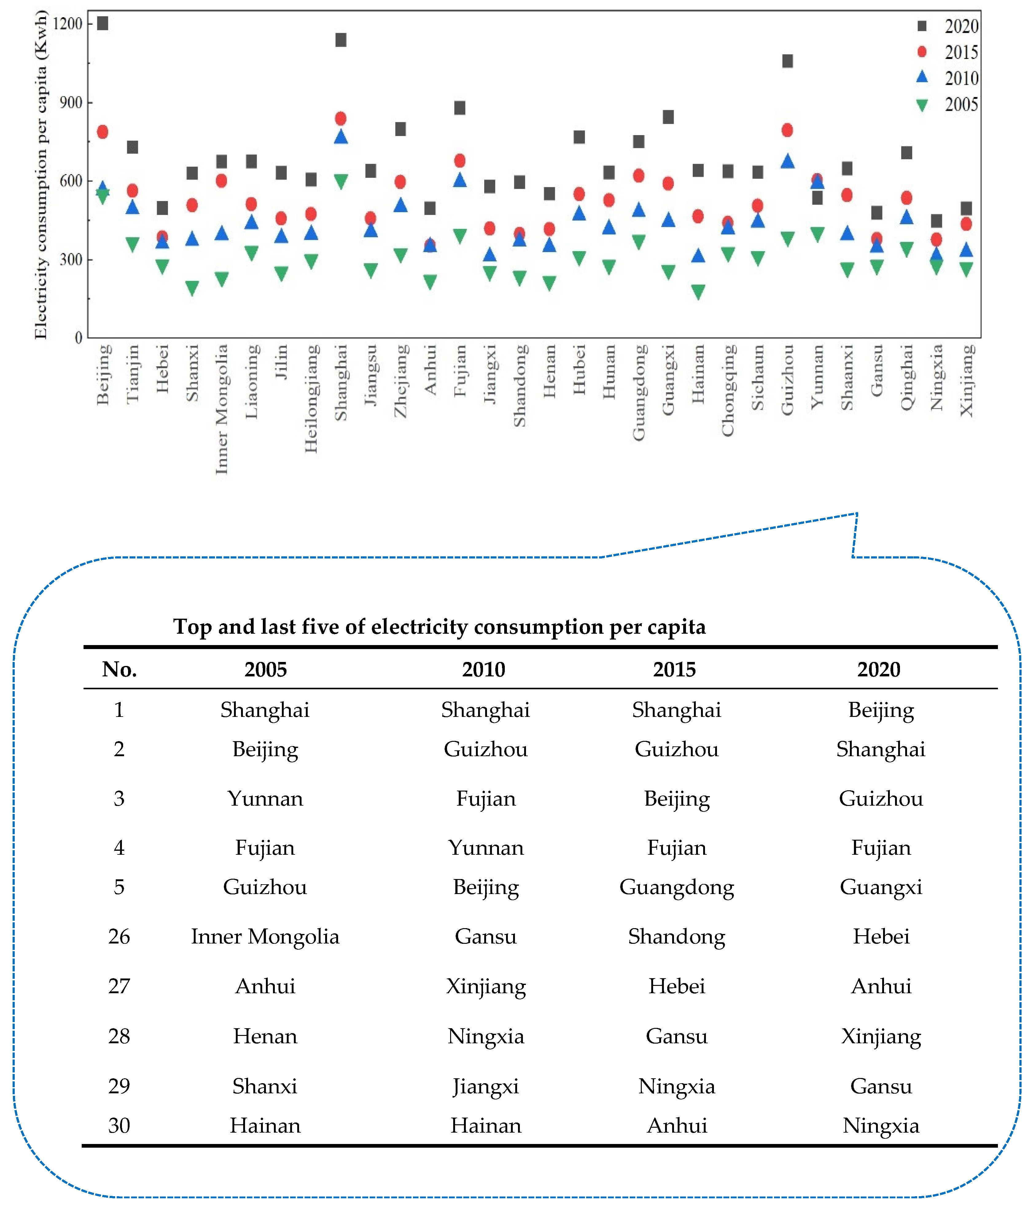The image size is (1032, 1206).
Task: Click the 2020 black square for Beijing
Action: tap(103, 23)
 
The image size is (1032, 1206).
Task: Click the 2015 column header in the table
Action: tap(674, 669)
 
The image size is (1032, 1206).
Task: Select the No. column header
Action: tap(119, 669)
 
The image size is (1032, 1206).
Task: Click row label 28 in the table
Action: tap(119, 1036)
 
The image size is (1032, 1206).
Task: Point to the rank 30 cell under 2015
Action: tap(676, 1125)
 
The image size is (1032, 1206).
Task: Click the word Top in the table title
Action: tap(192, 627)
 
